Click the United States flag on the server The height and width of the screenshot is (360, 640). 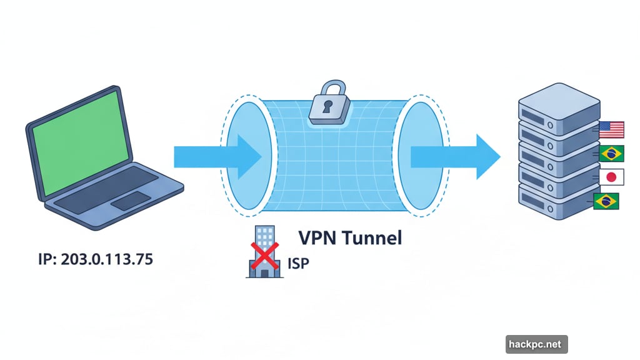tap(611, 129)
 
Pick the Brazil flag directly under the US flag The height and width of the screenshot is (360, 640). tap(611, 154)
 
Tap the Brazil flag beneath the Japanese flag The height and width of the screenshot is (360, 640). tap(606, 201)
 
